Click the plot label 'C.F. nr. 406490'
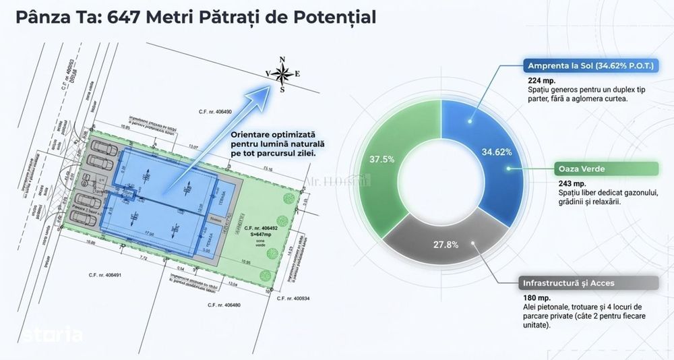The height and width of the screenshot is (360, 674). [215, 111]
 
